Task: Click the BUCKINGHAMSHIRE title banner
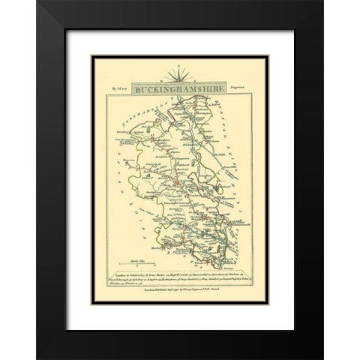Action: coord(179,89)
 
